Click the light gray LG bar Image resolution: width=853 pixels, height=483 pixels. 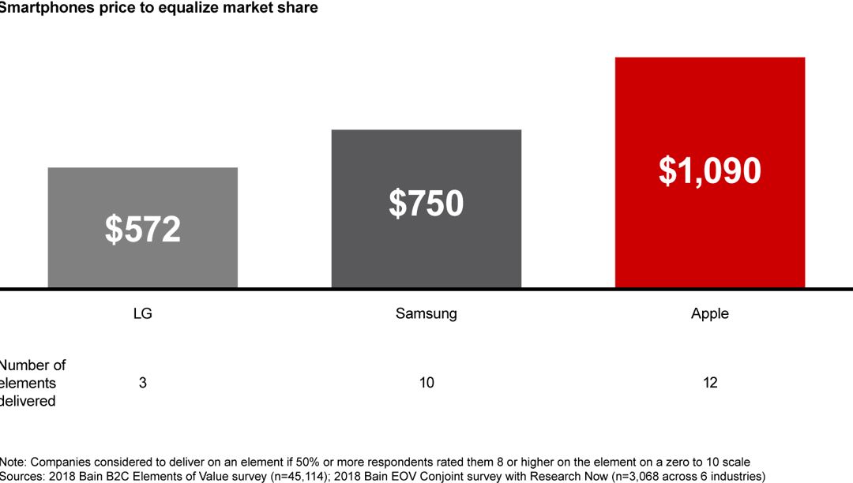(142, 189)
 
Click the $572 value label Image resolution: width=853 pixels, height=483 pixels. (143, 229)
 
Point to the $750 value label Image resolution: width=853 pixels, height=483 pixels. (426, 204)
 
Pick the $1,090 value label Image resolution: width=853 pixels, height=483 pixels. (710, 171)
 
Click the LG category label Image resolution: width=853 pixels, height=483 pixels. (142, 313)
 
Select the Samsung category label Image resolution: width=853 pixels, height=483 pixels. (426, 313)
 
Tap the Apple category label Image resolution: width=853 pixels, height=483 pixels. (710, 313)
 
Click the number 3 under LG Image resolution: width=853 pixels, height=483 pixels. (142, 383)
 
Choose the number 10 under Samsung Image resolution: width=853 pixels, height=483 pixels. (426, 383)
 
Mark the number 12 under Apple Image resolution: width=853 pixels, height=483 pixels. (710, 383)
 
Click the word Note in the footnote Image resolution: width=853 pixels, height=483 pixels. (13, 462)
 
